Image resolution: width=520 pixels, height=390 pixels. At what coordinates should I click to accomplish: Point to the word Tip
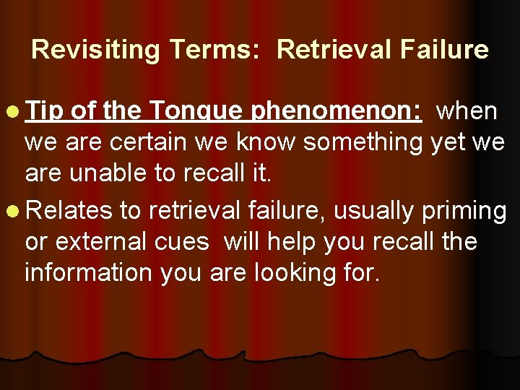pyautogui.click(x=45, y=113)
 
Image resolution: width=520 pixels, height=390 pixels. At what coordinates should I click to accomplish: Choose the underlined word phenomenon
pyautogui.click(x=337, y=113)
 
